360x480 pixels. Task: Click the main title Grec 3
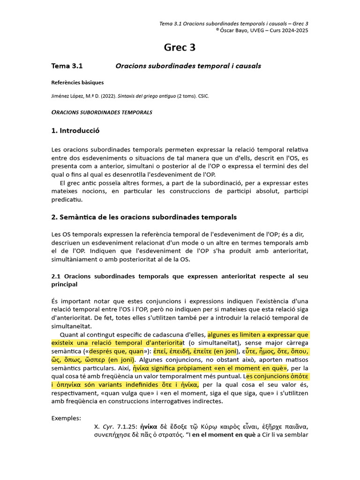(180, 47)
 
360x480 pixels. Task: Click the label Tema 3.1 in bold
(67, 66)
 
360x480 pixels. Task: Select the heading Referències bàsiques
(77, 82)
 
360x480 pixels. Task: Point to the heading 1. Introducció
(75, 131)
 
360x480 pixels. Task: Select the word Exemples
(66, 418)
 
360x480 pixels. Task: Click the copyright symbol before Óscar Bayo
(217, 30)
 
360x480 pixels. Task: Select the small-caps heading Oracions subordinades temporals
(102, 112)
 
